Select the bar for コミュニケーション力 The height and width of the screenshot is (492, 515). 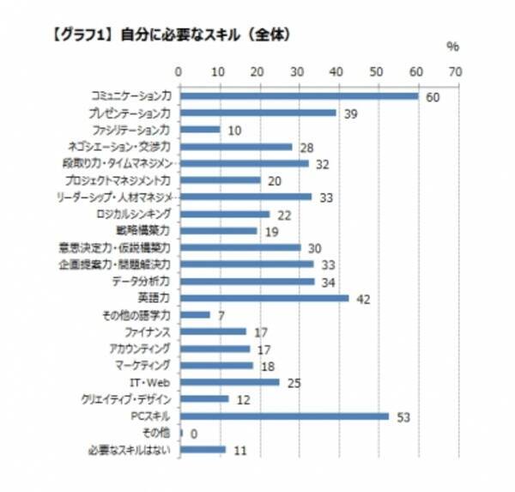(x=298, y=95)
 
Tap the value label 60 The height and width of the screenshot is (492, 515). (x=433, y=98)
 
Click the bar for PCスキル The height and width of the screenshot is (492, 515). (x=284, y=416)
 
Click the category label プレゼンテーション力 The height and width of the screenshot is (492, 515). (x=129, y=113)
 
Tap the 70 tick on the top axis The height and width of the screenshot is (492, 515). (x=455, y=71)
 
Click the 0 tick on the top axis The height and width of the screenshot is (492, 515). (x=179, y=71)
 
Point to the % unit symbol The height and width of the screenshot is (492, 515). (x=453, y=46)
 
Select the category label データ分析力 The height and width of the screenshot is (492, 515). (x=142, y=281)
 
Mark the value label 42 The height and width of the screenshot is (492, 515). (x=363, y=300)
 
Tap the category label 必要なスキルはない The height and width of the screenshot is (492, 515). (x=130, y=449)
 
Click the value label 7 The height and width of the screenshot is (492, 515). (x=221, y=317)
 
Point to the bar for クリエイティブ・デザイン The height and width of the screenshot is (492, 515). (x=203, y=399)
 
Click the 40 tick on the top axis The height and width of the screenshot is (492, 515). (x=336, y=71)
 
